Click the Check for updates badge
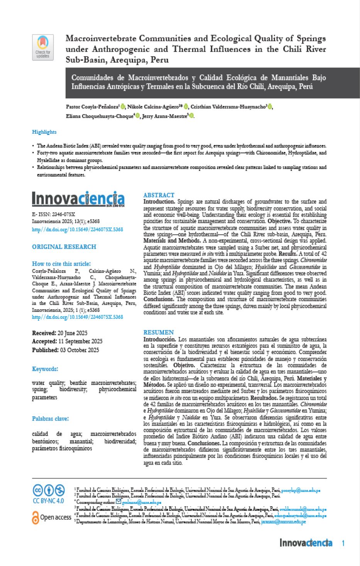[43, 47]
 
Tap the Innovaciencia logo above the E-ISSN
[78, 199]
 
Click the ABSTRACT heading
[159, 195]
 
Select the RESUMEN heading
[158, 332]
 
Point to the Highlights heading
[44, 132]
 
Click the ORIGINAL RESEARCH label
[64, 247]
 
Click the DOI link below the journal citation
[77, 229]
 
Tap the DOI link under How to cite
[77, 317]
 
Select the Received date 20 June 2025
[72, 333]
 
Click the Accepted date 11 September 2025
[80, 342]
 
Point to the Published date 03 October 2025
[79, 350]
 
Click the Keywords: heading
[45, 369]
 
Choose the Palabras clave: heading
[50, 419]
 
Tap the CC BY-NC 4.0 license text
[48, 501]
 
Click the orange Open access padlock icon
[35, 517]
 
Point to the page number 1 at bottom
[343, 543]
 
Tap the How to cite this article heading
[61, 264]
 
